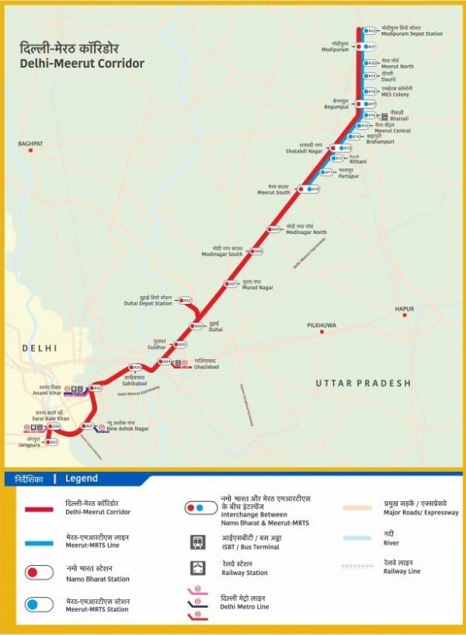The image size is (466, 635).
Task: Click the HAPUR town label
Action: pos(404,309)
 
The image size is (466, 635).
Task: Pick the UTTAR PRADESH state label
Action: pos(363,383)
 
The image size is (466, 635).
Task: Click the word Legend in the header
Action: pos(82,479)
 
